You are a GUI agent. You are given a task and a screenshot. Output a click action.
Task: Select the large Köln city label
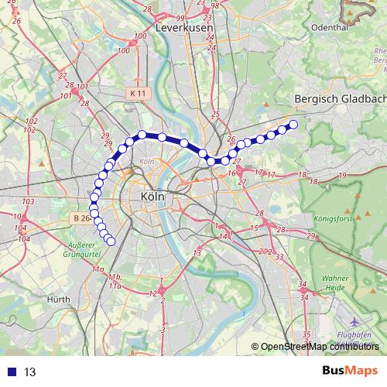[x=153, y=197]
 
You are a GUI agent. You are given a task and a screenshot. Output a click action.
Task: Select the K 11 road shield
[x=138, y=93]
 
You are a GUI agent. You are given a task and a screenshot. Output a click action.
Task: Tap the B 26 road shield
[x=81, y=219]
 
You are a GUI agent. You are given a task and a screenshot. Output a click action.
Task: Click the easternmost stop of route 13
[x=293, y=125]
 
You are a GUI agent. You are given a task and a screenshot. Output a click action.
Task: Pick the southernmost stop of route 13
[x=111, y=241]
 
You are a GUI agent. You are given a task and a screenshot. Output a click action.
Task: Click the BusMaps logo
[x=350, y=371]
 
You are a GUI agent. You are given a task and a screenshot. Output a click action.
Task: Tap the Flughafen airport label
[x=356, y=334]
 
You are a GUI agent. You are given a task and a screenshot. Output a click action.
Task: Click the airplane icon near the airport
[x=354, y=321]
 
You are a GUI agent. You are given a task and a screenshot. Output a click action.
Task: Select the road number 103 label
[x=29, y=202]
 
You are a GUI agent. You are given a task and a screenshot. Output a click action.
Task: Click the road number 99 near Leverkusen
[x=180, y=18]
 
